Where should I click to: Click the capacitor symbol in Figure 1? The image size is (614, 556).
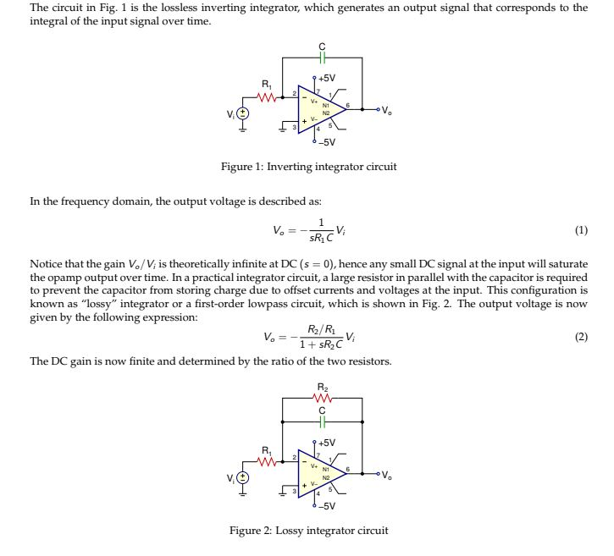click(321, 58)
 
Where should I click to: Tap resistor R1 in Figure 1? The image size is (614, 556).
click(267, 97)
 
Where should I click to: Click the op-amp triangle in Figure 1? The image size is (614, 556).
click(320, 108)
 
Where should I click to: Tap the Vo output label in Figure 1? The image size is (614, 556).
click(386, 110)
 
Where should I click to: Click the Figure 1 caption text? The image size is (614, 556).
click(308, 167)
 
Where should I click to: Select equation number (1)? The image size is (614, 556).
click(580, 230)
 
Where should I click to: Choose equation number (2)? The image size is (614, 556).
click(580, 337)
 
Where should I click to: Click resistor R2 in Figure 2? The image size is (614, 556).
click(321, 399)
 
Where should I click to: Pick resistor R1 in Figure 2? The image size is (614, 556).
click(267, 461)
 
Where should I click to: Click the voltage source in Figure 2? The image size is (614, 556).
click(242, 476)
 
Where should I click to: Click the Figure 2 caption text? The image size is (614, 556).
click(308, 531)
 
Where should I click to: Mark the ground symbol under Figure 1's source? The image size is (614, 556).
click(242, 129)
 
